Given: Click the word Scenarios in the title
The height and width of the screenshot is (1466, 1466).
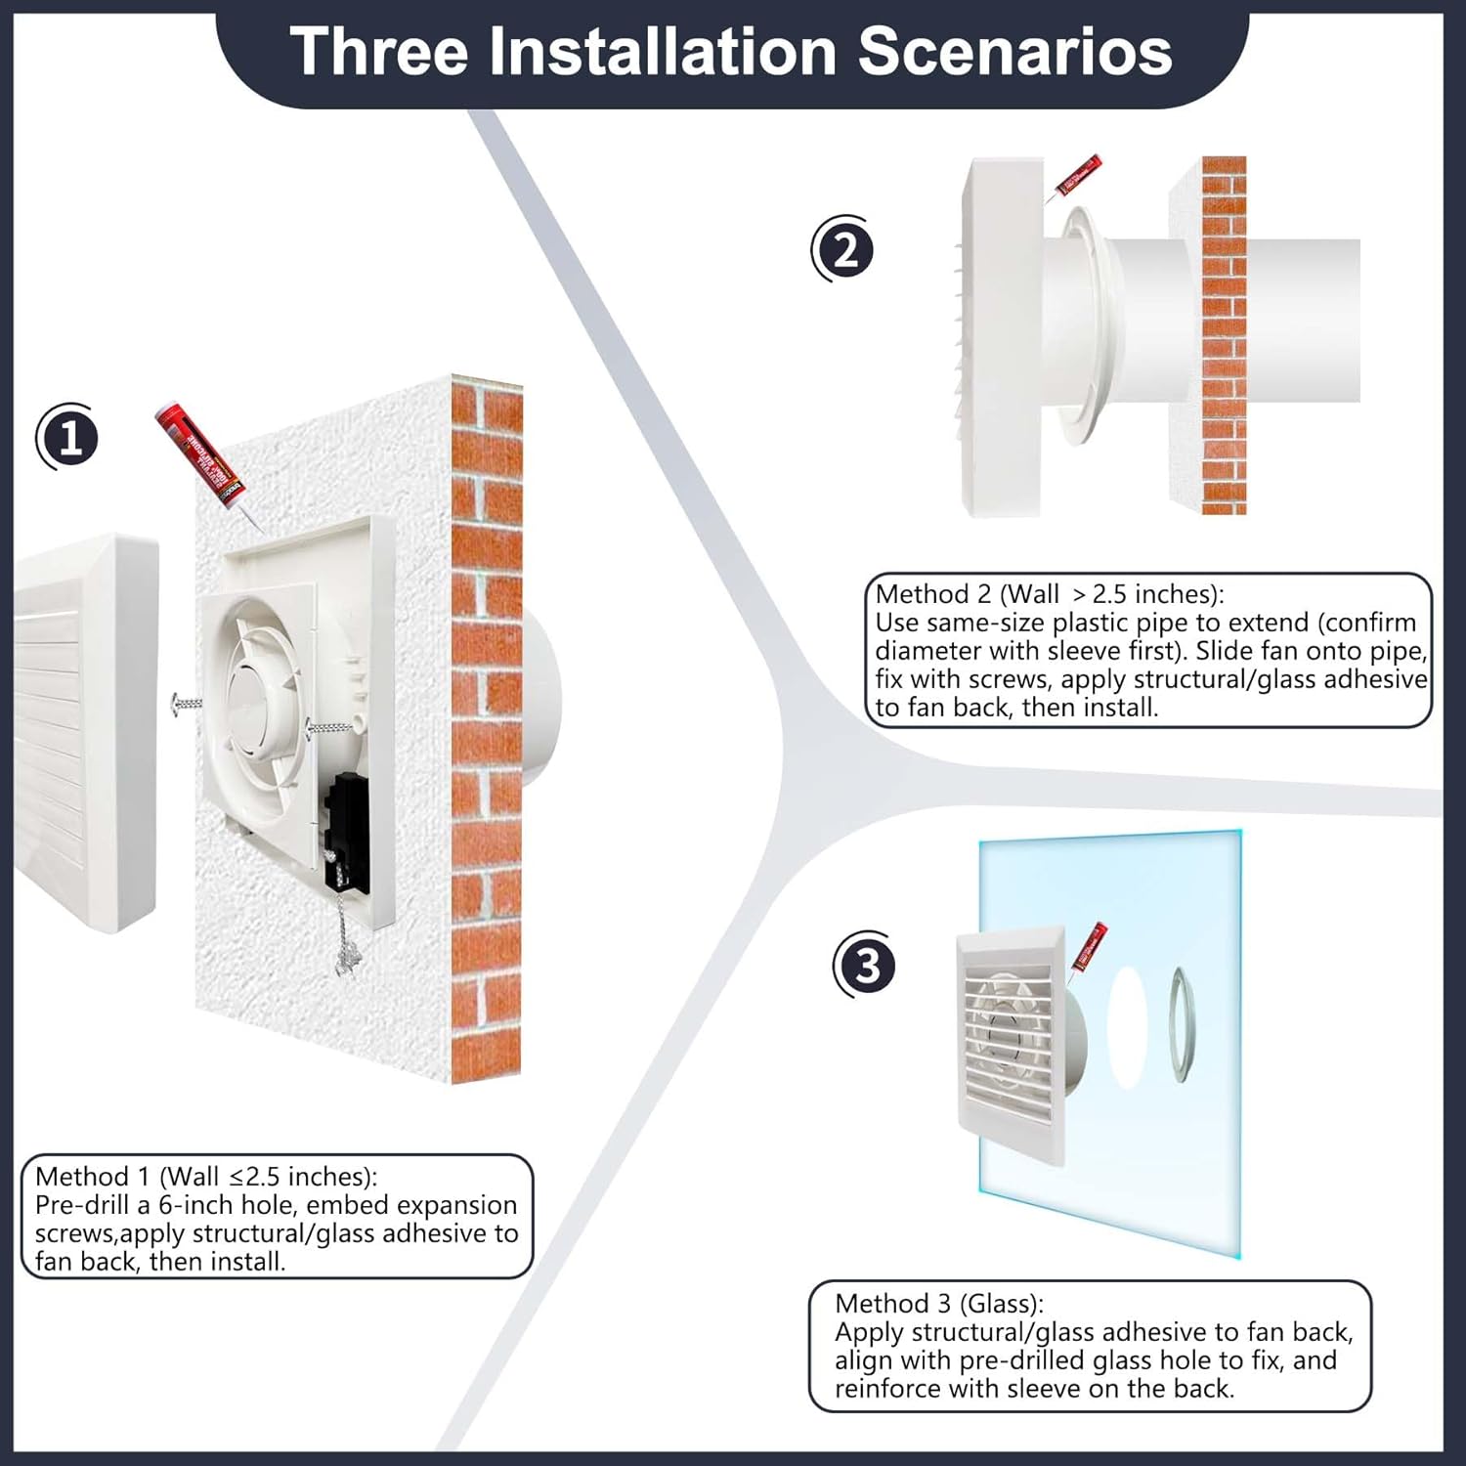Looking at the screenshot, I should point(1014,51).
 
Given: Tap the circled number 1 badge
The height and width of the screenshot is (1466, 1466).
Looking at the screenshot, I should point(68,439).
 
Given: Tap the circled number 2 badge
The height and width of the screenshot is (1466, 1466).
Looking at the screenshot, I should point(843,250).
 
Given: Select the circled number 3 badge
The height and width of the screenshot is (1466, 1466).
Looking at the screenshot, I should point(865,967).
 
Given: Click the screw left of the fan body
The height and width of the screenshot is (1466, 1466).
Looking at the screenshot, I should point(186,703).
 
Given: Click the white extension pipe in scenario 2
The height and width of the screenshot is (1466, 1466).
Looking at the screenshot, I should point(1271,321).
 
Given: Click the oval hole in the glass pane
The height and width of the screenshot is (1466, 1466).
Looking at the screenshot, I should point(1129,1026).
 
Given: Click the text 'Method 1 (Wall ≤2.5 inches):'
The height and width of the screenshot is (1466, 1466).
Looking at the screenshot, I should point(206,1176).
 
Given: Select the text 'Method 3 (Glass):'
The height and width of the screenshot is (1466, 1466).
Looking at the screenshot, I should point(938,1303).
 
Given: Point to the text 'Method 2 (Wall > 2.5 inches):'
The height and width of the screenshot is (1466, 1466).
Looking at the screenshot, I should point(1049,593).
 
